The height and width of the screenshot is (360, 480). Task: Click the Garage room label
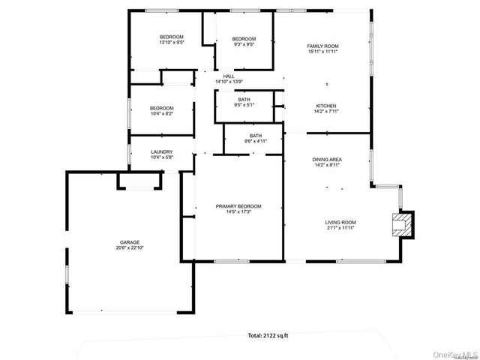click(130, 242)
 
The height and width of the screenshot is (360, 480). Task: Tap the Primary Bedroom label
click(238, 206)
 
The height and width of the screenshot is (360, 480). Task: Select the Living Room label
click(340, 222)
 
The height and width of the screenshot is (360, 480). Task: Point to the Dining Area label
click(328, 160)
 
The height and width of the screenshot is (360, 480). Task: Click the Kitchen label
click(325, 106)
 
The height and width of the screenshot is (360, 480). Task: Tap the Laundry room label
click(162, 151)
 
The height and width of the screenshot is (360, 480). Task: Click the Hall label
click(229, 76)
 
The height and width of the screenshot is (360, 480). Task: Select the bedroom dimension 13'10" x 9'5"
click(172, 43)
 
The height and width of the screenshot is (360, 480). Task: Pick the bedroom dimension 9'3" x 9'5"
click(243, 44)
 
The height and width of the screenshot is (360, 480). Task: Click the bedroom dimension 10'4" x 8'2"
click(162, 114)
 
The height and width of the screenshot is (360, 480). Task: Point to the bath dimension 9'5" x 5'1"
click(244, 105)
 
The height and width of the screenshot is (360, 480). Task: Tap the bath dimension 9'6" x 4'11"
click(256, 142)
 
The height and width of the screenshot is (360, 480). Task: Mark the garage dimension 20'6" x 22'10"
click(130, 248)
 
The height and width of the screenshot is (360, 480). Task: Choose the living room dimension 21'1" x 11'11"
click(340, 228)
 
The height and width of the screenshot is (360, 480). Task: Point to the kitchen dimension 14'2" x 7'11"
click(325, 112)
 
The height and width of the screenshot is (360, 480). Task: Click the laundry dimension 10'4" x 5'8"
click(162, 157)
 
